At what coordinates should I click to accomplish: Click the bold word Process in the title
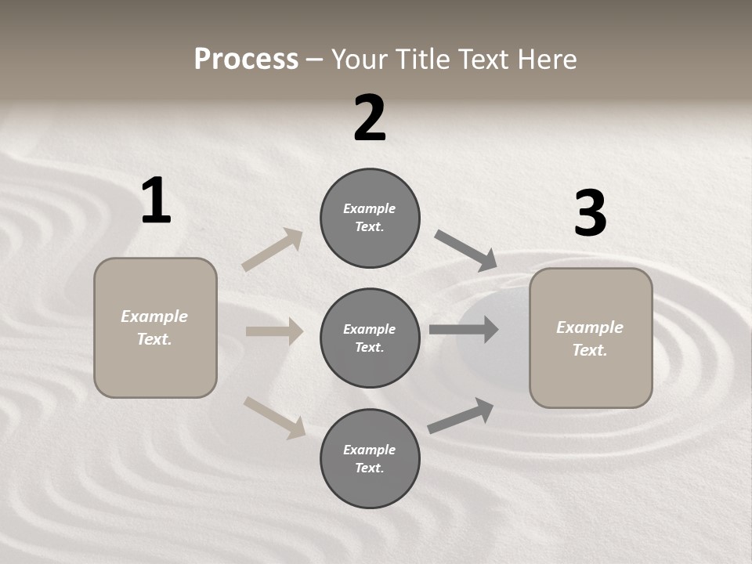tap(246, 60)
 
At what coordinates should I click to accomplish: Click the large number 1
tap(156, 201)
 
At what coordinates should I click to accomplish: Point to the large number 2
tap(370, 118)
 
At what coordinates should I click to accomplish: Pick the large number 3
tap(590, 214)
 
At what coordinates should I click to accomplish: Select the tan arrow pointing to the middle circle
tap(274, 331)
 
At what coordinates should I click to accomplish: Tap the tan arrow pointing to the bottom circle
tap(274, 417)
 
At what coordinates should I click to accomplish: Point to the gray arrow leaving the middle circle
tap(464, 329)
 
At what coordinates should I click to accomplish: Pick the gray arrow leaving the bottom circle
tap(461, 415)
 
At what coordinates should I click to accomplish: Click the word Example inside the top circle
tap(370, 208)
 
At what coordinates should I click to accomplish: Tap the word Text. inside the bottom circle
tap(370, 468)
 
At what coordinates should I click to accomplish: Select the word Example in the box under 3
tap(590, 327)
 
